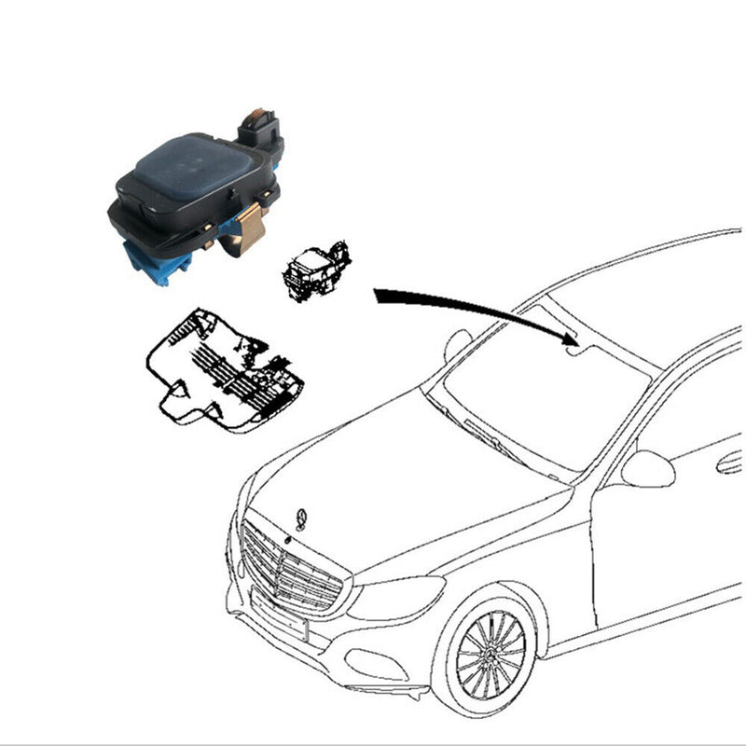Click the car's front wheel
pos(491,652)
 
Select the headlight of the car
pos(397,597)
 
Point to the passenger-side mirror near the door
pos(647,468)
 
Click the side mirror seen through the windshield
pos(458,344)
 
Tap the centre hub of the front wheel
pos(491,653)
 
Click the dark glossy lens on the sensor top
pos(196,168)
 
